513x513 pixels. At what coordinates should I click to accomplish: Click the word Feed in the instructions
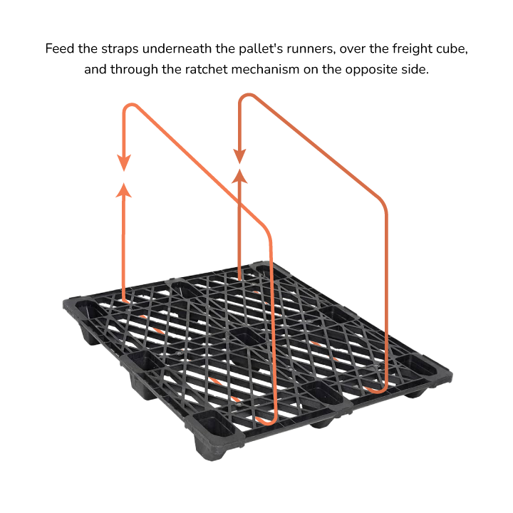coord(60,48)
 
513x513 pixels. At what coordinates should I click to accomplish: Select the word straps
coord(120,49)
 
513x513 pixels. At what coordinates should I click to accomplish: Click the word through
coord(134,70)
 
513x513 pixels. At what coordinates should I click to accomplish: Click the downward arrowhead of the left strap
coord(124,162)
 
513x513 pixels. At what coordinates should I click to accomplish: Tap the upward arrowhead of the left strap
coord(124,191)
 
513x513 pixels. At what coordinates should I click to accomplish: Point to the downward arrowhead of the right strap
coord(239,156)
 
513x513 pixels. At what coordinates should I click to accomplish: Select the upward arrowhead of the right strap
coord(240,177)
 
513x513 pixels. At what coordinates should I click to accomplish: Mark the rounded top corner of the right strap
coord(246,97)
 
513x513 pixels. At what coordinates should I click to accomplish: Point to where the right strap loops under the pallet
coord(376,390)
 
